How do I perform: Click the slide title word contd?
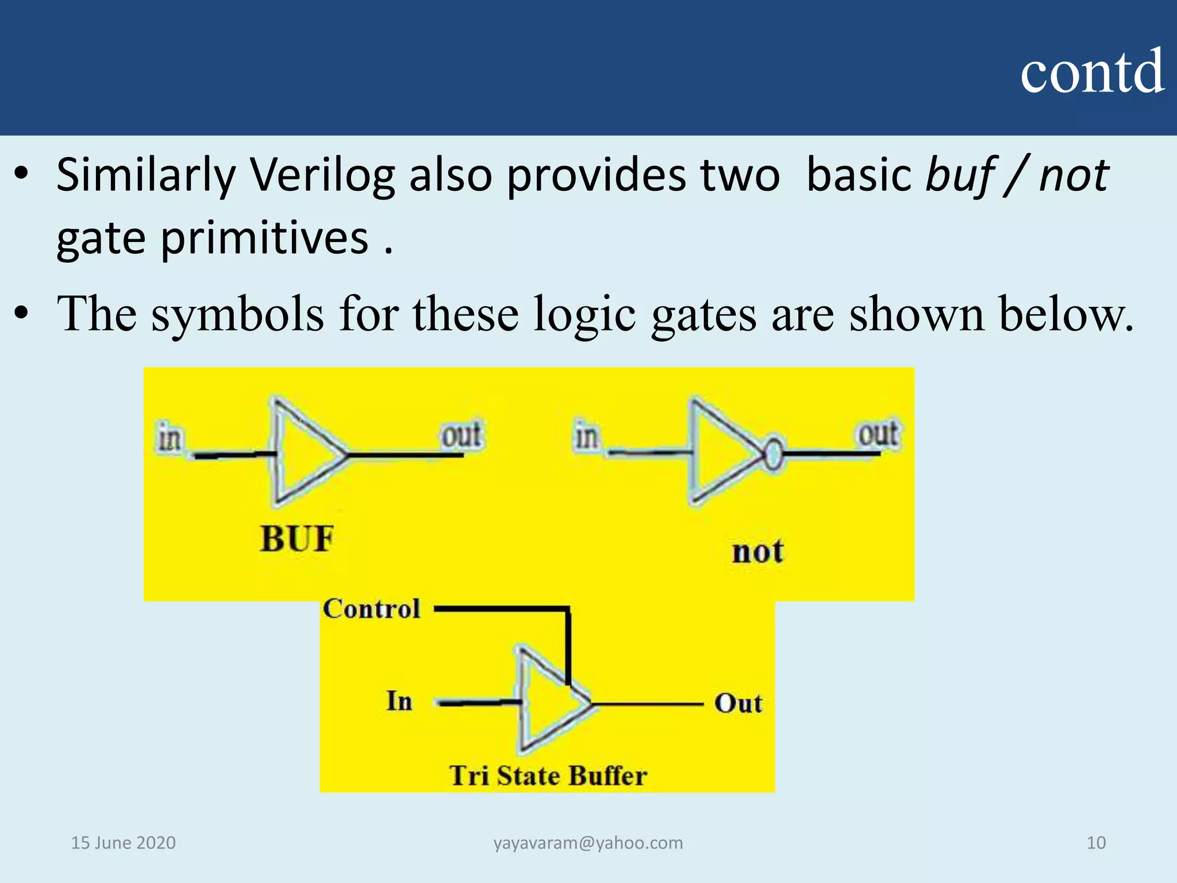click(x=1092, y=72)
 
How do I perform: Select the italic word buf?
click(x=960, y=175)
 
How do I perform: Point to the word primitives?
click(x=264, y=238)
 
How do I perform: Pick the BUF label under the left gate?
click(x=297, y=539)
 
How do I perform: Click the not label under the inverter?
click(x=757, y=552)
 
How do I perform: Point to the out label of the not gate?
click(x=878, y=434)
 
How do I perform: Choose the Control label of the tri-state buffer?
click(x=371, y=609)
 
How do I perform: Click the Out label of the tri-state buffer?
click(x=738, y=704)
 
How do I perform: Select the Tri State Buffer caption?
click(x=548, y=775)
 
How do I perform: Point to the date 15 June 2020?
click(x=123, y=843)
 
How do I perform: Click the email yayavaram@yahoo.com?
click(x=588, y=843)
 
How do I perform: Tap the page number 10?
click(x=1096, y=843)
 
